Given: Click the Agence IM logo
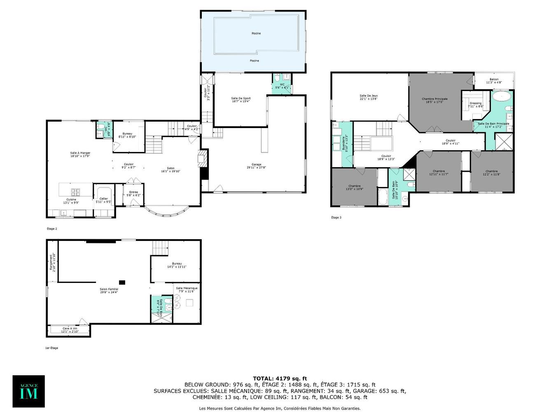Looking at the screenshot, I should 28,391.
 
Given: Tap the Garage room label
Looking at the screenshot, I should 257,166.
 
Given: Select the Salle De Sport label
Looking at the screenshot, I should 241,100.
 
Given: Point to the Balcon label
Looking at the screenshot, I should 494,81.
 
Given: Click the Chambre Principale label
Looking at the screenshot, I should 434,100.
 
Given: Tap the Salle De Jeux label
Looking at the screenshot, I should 369,97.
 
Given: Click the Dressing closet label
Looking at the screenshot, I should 476,105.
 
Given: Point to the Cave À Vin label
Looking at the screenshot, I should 70,329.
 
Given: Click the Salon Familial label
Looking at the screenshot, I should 109,290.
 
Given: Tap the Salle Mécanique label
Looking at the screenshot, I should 187,289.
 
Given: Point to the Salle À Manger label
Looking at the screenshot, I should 80,154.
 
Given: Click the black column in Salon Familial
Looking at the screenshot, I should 122,282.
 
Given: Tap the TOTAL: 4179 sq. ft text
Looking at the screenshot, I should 280,378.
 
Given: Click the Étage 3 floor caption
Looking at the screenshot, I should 336,217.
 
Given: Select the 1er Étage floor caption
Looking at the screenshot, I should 51,348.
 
